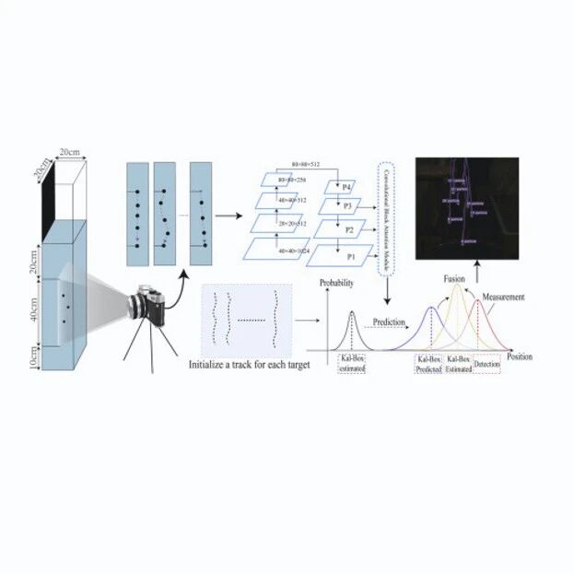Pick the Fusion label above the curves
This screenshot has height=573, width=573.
(x=454, y=276)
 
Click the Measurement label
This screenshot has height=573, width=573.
(x=503, y=298)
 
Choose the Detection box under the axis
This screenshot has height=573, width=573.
(x=486, y=366)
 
